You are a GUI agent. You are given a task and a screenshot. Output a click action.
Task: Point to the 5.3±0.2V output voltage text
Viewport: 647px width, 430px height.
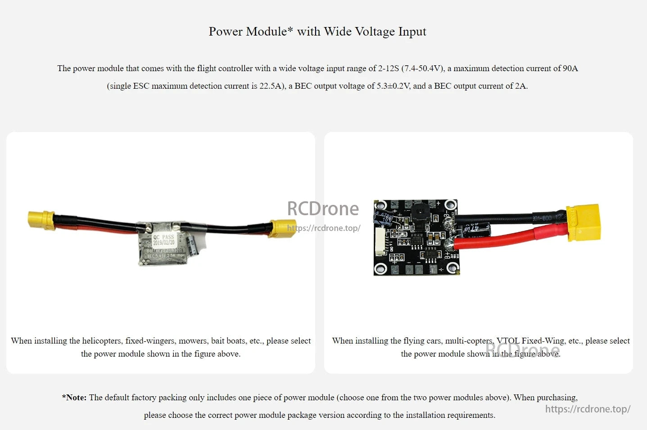(x=393, y=86)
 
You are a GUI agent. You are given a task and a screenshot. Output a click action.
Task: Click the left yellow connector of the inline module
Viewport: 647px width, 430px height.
(x=41, y=220)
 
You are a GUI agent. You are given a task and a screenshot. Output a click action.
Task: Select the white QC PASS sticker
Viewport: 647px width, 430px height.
(x=163, y=240)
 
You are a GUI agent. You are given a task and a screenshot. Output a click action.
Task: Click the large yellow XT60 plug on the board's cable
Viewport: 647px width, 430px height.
(x=584, y=222)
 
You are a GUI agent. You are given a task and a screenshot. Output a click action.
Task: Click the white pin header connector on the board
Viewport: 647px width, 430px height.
(x=380, y=241)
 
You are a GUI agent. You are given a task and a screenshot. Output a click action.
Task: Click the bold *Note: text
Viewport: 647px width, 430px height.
(x=74, y=398)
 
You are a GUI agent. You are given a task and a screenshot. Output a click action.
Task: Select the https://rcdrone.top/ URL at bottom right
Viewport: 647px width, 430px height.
(x=588, y=409)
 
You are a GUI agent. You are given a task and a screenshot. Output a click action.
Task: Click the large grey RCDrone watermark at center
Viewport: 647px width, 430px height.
(x=323, y=209)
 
